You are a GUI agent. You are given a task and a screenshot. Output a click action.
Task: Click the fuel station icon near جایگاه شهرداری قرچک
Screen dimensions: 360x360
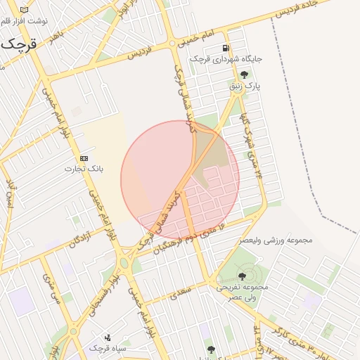click(225, 48)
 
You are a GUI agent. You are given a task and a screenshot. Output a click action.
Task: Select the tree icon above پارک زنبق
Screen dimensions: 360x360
click(244, 75)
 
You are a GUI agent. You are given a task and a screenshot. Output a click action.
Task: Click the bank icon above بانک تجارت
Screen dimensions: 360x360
click(84, 158)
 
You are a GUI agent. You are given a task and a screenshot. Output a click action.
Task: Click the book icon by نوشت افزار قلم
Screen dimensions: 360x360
click(25, 10)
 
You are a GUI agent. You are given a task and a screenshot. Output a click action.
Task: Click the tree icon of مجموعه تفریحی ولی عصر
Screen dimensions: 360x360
click(243, 276)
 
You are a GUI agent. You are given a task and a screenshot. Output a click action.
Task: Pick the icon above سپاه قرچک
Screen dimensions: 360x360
click(107, 337)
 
